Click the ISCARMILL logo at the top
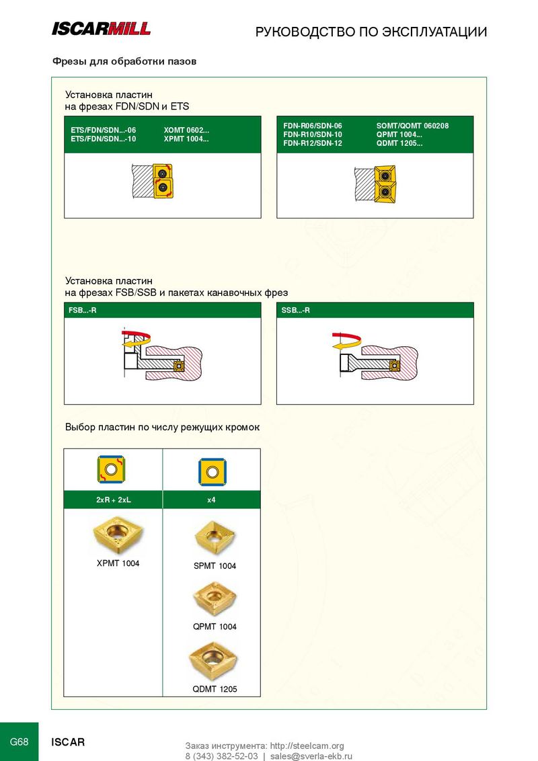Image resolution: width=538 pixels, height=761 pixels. (101, 29)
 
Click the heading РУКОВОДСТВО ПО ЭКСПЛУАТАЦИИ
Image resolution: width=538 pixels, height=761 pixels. (371, 32)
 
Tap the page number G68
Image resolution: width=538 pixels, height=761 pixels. (19, 742)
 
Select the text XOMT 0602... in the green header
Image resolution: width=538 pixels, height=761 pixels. (186, 130)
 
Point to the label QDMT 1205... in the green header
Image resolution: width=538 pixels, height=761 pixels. (399, 143)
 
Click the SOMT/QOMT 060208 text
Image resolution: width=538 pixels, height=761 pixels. (412, 126)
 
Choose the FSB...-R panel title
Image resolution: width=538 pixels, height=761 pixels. (83, 310)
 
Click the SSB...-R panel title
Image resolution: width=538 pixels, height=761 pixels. (295, 310)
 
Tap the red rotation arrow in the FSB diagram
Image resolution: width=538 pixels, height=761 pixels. (137, 334)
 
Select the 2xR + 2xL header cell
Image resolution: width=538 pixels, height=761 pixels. (113, 500)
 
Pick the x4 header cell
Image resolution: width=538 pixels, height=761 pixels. (212, 500)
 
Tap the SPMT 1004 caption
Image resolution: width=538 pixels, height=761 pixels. (215, 566)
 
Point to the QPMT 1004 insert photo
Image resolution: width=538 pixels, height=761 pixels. (215, 598)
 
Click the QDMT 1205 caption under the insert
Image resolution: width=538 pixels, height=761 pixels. (215, 688)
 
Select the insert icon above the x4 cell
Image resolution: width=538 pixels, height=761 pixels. (213, 472)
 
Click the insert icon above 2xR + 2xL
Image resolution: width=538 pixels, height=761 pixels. (111, 469)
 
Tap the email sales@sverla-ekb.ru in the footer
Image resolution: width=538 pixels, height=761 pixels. (311, 756)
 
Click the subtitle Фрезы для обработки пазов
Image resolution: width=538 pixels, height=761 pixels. (124, 62)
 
